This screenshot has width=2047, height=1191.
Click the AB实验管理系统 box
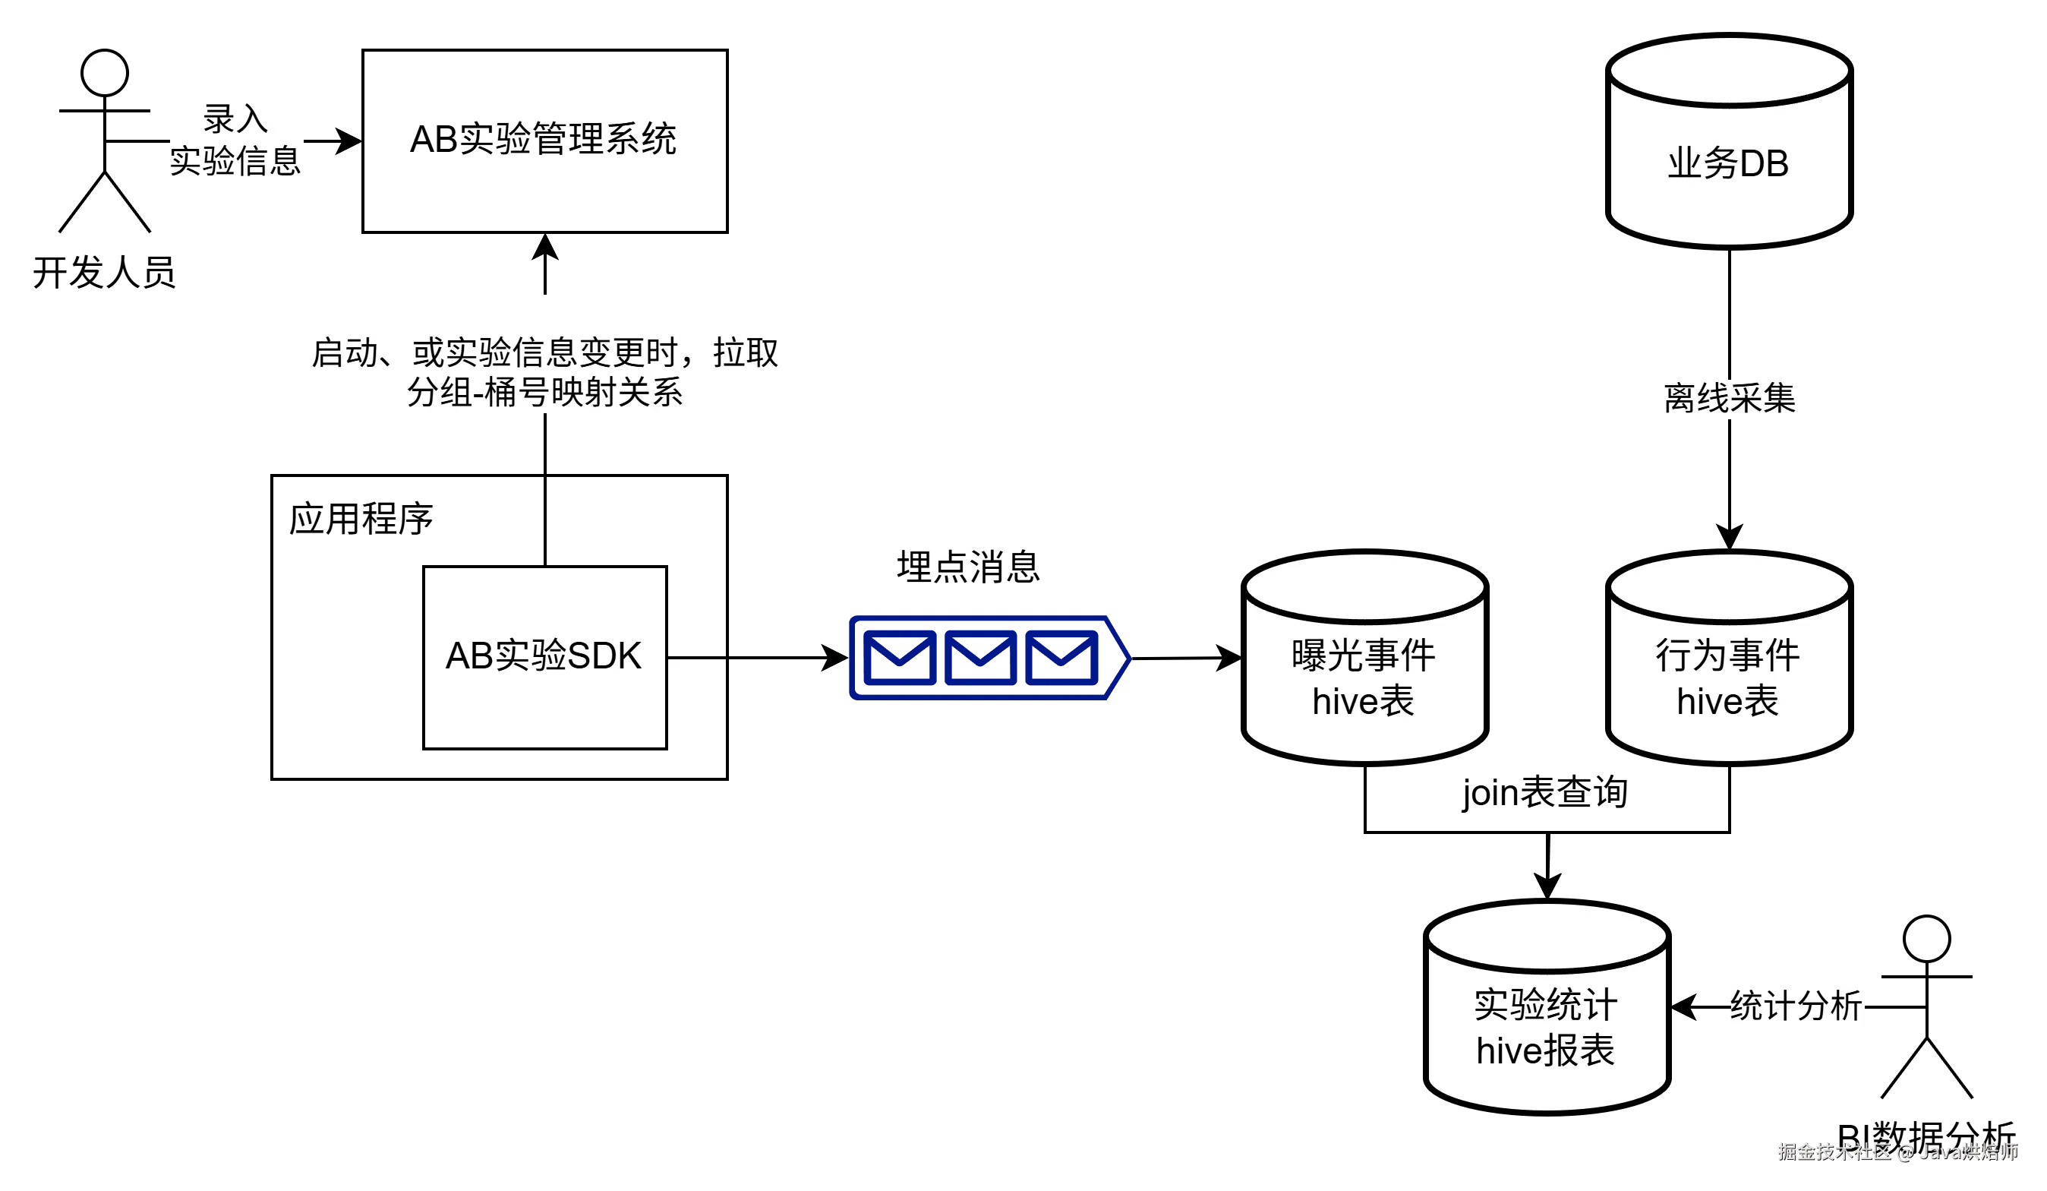click(x=544, y=141)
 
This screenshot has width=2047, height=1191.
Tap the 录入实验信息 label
click(x=235, y=140)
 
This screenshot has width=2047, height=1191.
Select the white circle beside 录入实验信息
click(x=105, y=73)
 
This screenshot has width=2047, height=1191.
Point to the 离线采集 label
click(x=1730, y=398)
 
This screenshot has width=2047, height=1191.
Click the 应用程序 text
click(x=361, y=518)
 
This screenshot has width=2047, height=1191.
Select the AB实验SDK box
click(x=544, y=656)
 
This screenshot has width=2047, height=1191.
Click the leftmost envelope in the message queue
click(x=899, y=656)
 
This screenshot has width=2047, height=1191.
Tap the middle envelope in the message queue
click(x=980, y=656)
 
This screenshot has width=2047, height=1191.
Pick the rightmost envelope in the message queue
click(x=1061, y=656)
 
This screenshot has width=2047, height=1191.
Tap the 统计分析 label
click(x=1796, y=1006)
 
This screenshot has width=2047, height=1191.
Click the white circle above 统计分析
click(x=1926, y=939)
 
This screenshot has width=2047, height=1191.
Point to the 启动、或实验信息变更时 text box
click(x=546, y=352)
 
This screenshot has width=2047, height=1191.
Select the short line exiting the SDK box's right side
click(x=696, y=657)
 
